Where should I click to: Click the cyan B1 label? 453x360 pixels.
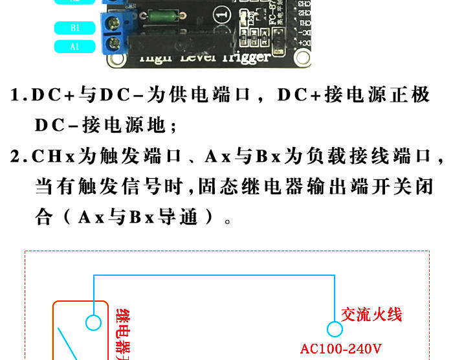click(x=76, y=27)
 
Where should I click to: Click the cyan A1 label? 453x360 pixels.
click(x=76, y=46)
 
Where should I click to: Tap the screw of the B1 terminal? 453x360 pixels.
click(x=117, y=25)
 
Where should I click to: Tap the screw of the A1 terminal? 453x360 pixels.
click(x=117, y=45)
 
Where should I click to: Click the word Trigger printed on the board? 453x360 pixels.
click(x=239, y=57)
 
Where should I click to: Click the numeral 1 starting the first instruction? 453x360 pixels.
click(x=17, y=95)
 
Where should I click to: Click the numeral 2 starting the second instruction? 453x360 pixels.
click(x=17, y=157)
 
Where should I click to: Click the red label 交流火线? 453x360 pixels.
click(x=371, y=315)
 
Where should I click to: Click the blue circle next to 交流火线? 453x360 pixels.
click(x=335, y=330)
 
